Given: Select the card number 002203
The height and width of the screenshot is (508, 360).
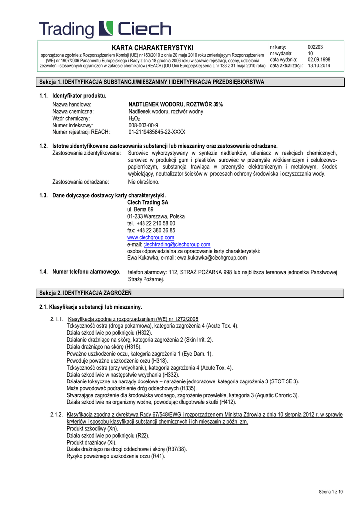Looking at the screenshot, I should tap(315, 47).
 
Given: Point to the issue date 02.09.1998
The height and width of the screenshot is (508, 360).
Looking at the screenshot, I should tap(319, 60).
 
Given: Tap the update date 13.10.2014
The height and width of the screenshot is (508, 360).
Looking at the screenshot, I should tap(319, 65).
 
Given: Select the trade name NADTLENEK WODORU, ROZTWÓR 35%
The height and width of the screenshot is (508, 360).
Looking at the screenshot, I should tap(176, 105).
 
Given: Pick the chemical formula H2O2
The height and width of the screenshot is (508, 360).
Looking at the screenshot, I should tap(134, 119).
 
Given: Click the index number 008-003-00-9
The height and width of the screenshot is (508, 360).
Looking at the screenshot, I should tap(144, 126).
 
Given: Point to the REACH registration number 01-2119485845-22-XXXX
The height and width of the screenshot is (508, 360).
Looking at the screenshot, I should tap(157, 132).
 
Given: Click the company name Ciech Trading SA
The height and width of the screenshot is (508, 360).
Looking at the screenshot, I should tap(148, 202).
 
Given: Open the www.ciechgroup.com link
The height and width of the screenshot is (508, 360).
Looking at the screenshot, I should tap(151, 237).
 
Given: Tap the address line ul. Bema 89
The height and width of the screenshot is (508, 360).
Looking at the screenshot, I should tap(141, 209).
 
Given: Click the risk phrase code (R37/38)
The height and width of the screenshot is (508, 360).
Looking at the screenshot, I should tap(176, 449).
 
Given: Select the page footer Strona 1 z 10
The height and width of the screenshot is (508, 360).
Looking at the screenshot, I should tap(331, 492).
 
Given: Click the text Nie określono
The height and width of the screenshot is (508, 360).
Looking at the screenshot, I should tap(143, 182).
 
